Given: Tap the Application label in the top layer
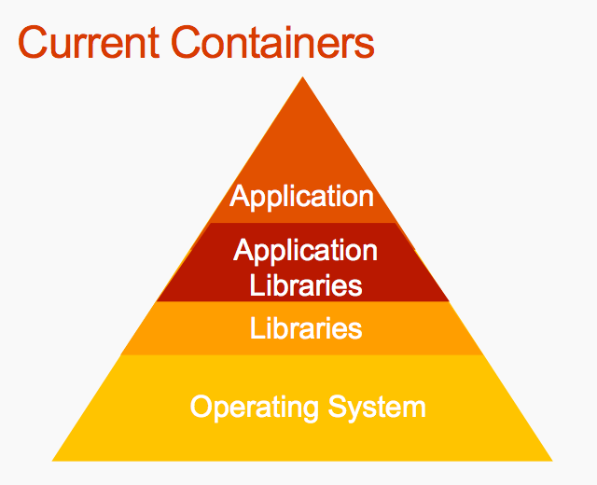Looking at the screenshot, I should point(301,197).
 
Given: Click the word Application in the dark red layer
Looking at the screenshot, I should point(306,251).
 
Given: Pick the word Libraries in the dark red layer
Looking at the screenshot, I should point(306,284).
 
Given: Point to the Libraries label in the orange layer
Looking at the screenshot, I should point(306,328).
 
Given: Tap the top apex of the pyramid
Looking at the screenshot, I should point(302,77).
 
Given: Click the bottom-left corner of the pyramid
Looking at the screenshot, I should point(52,460).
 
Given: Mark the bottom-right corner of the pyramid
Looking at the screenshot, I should point(552,460).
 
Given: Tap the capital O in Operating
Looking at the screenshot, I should point(201,407).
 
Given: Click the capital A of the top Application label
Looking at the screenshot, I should point(240,196).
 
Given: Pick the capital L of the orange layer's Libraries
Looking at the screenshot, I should point(256,328).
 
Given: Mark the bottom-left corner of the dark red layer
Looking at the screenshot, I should point(156,301).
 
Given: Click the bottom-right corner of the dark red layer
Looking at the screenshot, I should point(450,301).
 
